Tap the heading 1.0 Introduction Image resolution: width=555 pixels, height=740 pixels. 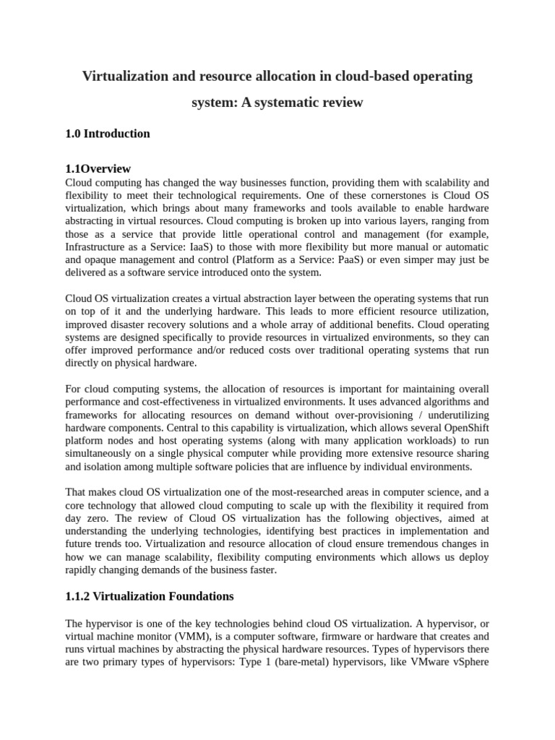(108, 134)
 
